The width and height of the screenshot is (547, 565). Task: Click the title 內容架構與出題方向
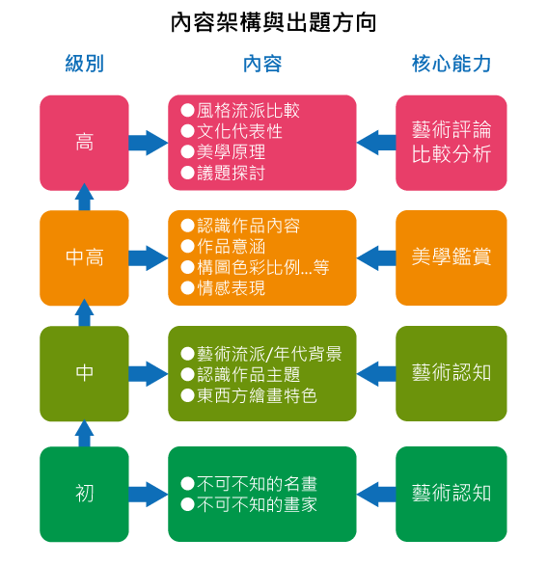pos(273,22)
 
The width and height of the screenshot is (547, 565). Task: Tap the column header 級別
pos(84,64)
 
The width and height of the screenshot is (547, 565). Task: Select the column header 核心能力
pos(451,64)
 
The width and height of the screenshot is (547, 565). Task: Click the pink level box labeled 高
pos(84,143)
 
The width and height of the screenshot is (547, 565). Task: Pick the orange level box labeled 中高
pos(84,257)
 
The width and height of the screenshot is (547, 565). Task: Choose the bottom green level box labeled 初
pos(84,494)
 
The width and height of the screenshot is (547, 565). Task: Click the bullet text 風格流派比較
pos(248,110)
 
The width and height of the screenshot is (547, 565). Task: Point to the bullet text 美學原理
pos(232,152)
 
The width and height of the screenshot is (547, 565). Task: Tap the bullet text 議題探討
pos(232,173)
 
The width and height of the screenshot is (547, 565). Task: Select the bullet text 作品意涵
pos(232,247)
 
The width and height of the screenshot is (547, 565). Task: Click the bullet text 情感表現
pos(232,288)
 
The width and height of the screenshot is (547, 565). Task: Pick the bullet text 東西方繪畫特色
pos(257,395)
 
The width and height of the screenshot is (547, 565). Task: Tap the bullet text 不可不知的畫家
pos(257,504)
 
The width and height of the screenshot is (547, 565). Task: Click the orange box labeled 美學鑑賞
pos(451,257)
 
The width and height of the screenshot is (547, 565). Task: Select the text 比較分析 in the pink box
pos(451,154)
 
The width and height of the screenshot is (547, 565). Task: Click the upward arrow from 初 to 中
pos(84,433)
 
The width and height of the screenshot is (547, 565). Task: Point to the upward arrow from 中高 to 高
pos(84,197)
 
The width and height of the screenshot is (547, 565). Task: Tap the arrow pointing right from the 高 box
pos(149,143)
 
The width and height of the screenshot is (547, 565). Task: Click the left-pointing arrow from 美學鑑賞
pos(376,257)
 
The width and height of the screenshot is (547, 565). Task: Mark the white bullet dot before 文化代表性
pos(187,131)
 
